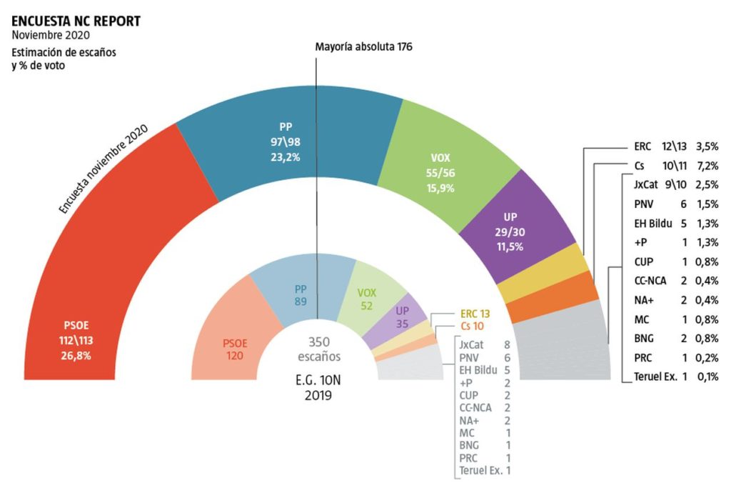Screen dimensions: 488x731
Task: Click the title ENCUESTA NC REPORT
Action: pyautogui.click(x=76, y=21)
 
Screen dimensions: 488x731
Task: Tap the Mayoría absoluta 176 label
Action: pyautogui.click(x=363, y=46)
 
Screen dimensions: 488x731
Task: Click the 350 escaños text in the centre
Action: pyautogui.click(x=315, y=349)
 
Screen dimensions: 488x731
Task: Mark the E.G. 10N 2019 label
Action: pyautogui.click(x=315, y=386)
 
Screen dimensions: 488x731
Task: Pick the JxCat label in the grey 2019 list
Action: pyautogui.click(x=471, y=344)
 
